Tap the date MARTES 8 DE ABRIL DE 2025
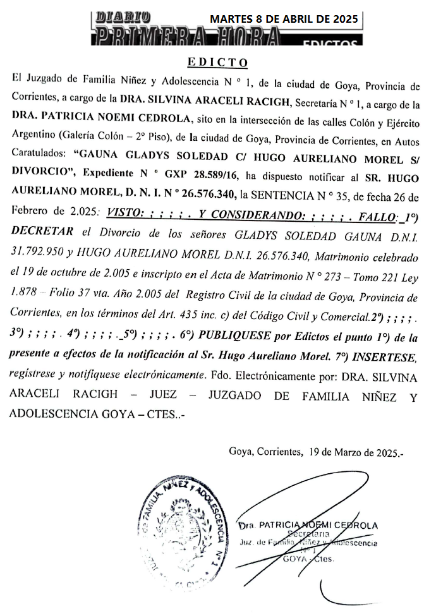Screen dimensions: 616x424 pyautogui.click(x=284, y=19)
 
